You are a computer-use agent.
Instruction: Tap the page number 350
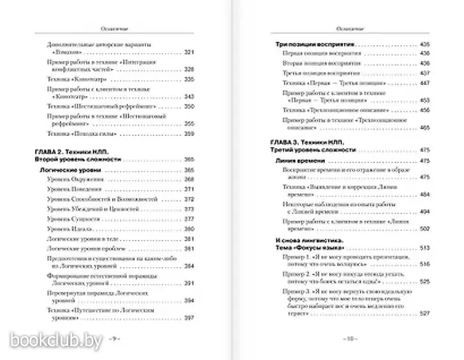[188, 106]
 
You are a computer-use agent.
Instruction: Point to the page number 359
[188, 135]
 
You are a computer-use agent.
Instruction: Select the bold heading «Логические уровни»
[59, 170]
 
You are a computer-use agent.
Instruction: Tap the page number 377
[188, 219]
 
